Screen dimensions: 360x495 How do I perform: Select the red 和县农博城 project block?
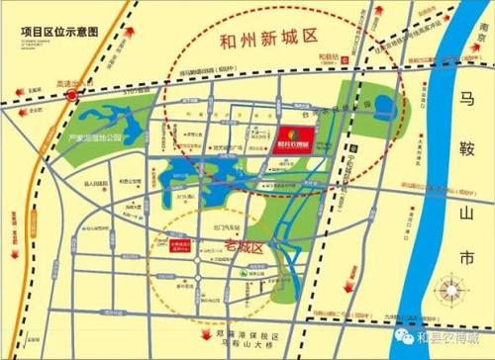[x=295, y=136]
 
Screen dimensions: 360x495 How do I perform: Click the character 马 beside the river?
[x=473, y=99]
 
